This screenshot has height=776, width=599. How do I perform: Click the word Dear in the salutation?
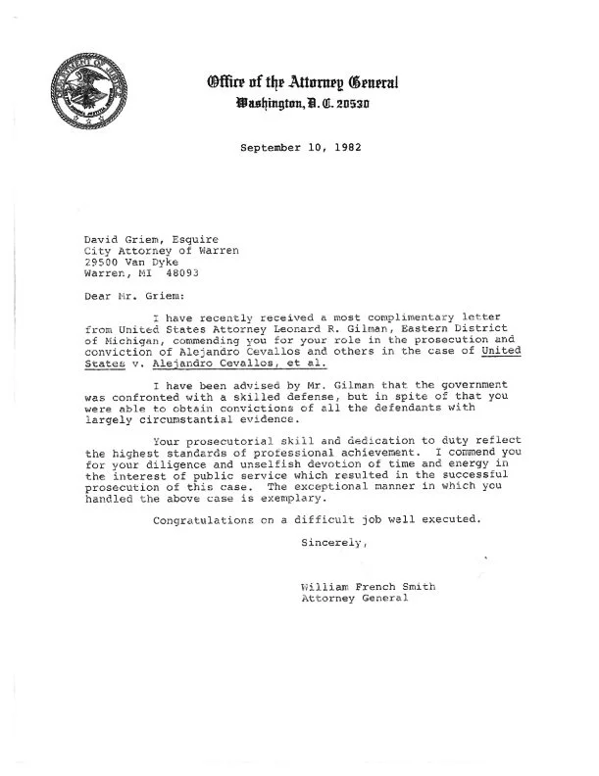tap(99, 293)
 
